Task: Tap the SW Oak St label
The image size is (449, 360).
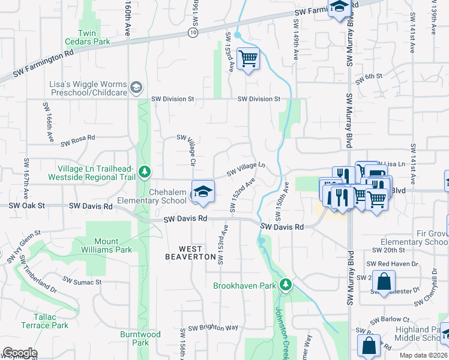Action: (x=26, y=205)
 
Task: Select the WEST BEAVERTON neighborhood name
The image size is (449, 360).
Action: (x=191, y=252)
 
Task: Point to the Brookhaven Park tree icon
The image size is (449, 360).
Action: (x=287, y=284)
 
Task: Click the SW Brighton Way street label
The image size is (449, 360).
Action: (x=213, y=328)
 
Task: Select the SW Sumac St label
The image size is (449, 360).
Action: (x=83, y=281)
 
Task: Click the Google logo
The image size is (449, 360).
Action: (x=20, y=353)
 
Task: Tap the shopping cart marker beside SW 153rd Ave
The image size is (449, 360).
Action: (x=247, y=59)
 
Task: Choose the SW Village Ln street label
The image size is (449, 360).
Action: (x=246, y=169)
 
